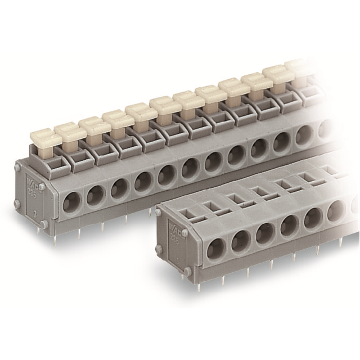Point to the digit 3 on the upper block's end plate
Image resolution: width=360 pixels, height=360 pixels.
point(36,213)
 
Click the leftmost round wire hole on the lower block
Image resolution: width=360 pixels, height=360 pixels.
point(214,248)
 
